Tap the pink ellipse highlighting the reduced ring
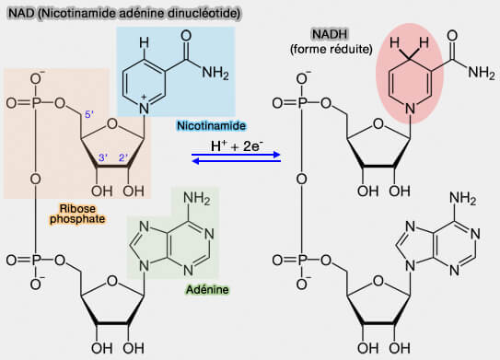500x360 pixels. pyautogui.click(x=411, y=78)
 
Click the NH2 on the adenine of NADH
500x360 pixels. pyautogui.click(x=462, y=197)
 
